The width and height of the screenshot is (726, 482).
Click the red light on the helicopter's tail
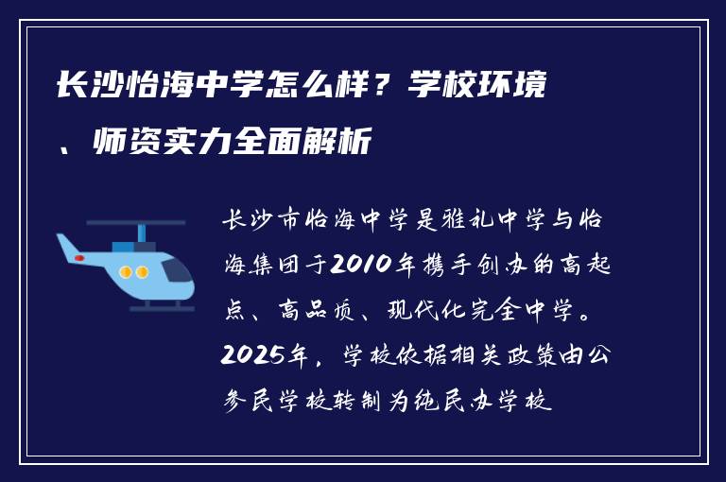point(80,256)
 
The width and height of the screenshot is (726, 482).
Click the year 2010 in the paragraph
point(356,265)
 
